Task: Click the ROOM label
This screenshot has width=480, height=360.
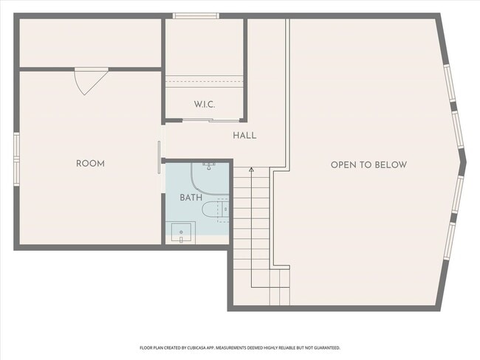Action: pos(90,164)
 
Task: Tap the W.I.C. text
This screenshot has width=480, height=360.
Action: pos(205,105)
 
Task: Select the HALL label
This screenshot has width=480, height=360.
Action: pos(244,136)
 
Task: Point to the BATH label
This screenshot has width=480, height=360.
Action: pos(191,198)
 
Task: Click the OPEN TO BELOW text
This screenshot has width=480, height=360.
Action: pos(368,165)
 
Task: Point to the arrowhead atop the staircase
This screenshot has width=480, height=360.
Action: pos(251,170)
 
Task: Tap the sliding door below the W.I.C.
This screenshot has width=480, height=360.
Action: pos(204,120)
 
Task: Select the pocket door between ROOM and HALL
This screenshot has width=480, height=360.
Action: pos(160,157)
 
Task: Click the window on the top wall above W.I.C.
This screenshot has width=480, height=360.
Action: pos(195,15)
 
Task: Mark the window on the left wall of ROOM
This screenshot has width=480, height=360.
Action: pos(16,156)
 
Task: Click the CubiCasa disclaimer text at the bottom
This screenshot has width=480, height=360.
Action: pos(239,347)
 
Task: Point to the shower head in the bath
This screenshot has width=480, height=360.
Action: pos(209,165)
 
